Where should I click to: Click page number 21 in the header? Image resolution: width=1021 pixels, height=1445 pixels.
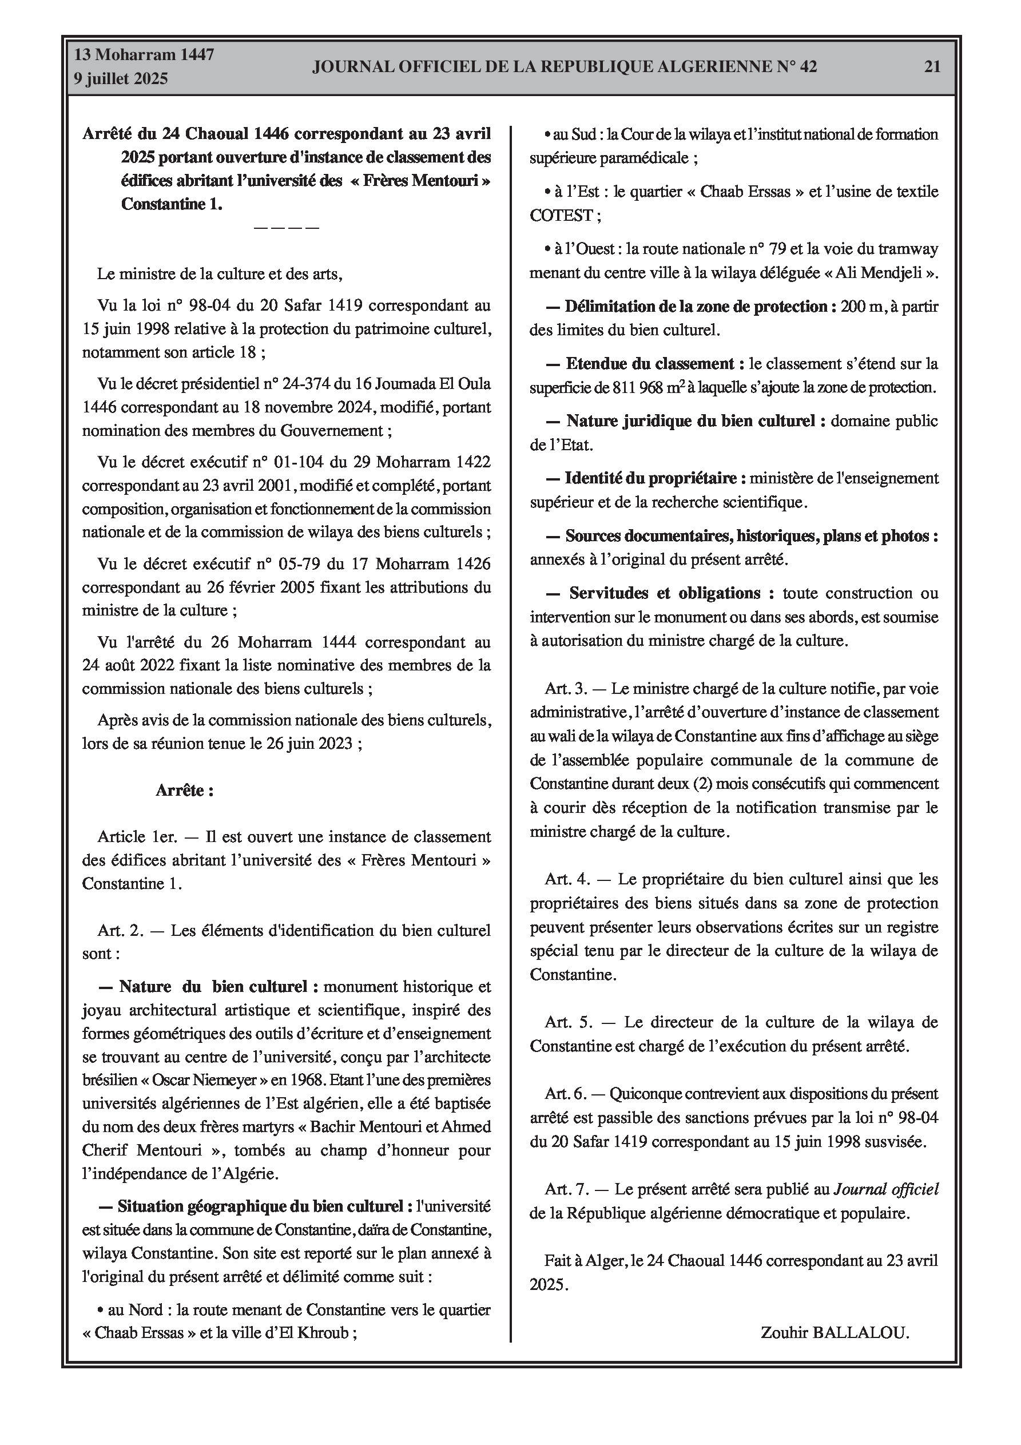(x=932, y=67)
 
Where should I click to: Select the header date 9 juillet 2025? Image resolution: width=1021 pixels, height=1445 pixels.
(x=121, y=79)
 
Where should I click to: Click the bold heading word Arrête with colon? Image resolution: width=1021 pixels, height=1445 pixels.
(x=184, y=791)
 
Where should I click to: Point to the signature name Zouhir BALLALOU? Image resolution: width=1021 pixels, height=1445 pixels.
(x=835, y=1332)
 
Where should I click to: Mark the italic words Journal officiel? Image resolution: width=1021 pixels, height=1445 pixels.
(x=885, y=1189)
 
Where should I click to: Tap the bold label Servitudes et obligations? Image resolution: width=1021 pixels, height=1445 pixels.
(x=664, y=593)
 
